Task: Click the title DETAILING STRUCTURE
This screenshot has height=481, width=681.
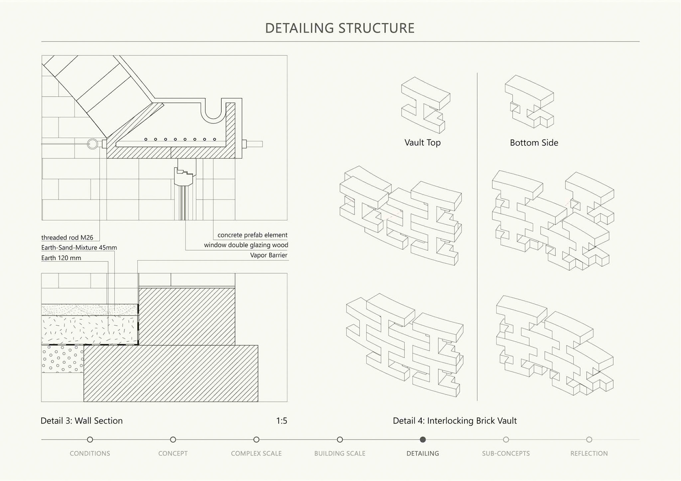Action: pyautogui.click(x=340, y=28)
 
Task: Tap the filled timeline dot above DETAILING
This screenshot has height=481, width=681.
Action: pyautogui.click(x=422, y=440)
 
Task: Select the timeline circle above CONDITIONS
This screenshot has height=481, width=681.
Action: pyautogui.click(x=90, y=440)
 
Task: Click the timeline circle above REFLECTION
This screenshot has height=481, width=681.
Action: pyautogui.click(x=589, y=440)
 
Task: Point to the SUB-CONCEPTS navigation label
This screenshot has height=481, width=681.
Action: pyautogui.click(x=506, y=453)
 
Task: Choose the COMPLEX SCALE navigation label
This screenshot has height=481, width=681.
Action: pyautogui.click(x=256, y=453)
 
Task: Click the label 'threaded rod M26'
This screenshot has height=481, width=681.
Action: pyautogui.click(x=67, y=237)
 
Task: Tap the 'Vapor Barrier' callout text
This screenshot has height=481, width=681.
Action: pyautogui.click(x=268, y=255)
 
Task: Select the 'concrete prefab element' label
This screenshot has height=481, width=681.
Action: pyautogui.click(x=252, y=235)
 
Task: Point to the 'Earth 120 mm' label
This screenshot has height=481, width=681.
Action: pyautogui.click(x=61, y=258)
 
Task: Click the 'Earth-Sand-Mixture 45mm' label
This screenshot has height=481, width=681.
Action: pyautogui.click(x=79, y=248)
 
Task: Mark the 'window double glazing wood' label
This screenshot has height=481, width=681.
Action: pyautogui.click(x=246, y=245)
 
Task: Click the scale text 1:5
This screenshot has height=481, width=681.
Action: pyautogui.click(x=282, y=421)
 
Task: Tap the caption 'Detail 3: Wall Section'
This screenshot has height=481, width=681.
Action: pyautogui.click(x=82, y=421)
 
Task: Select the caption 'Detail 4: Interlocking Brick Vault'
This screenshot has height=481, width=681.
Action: pyautogui.click(x=455, y=421)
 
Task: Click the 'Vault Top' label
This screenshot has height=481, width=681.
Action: pyautogui.click(x=422, y=142)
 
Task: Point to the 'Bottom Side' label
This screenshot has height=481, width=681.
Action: pyautogui.click(x=534, y=143)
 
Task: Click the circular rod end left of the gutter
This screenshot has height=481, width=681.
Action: pyautogui.click(x=93, y=144)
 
